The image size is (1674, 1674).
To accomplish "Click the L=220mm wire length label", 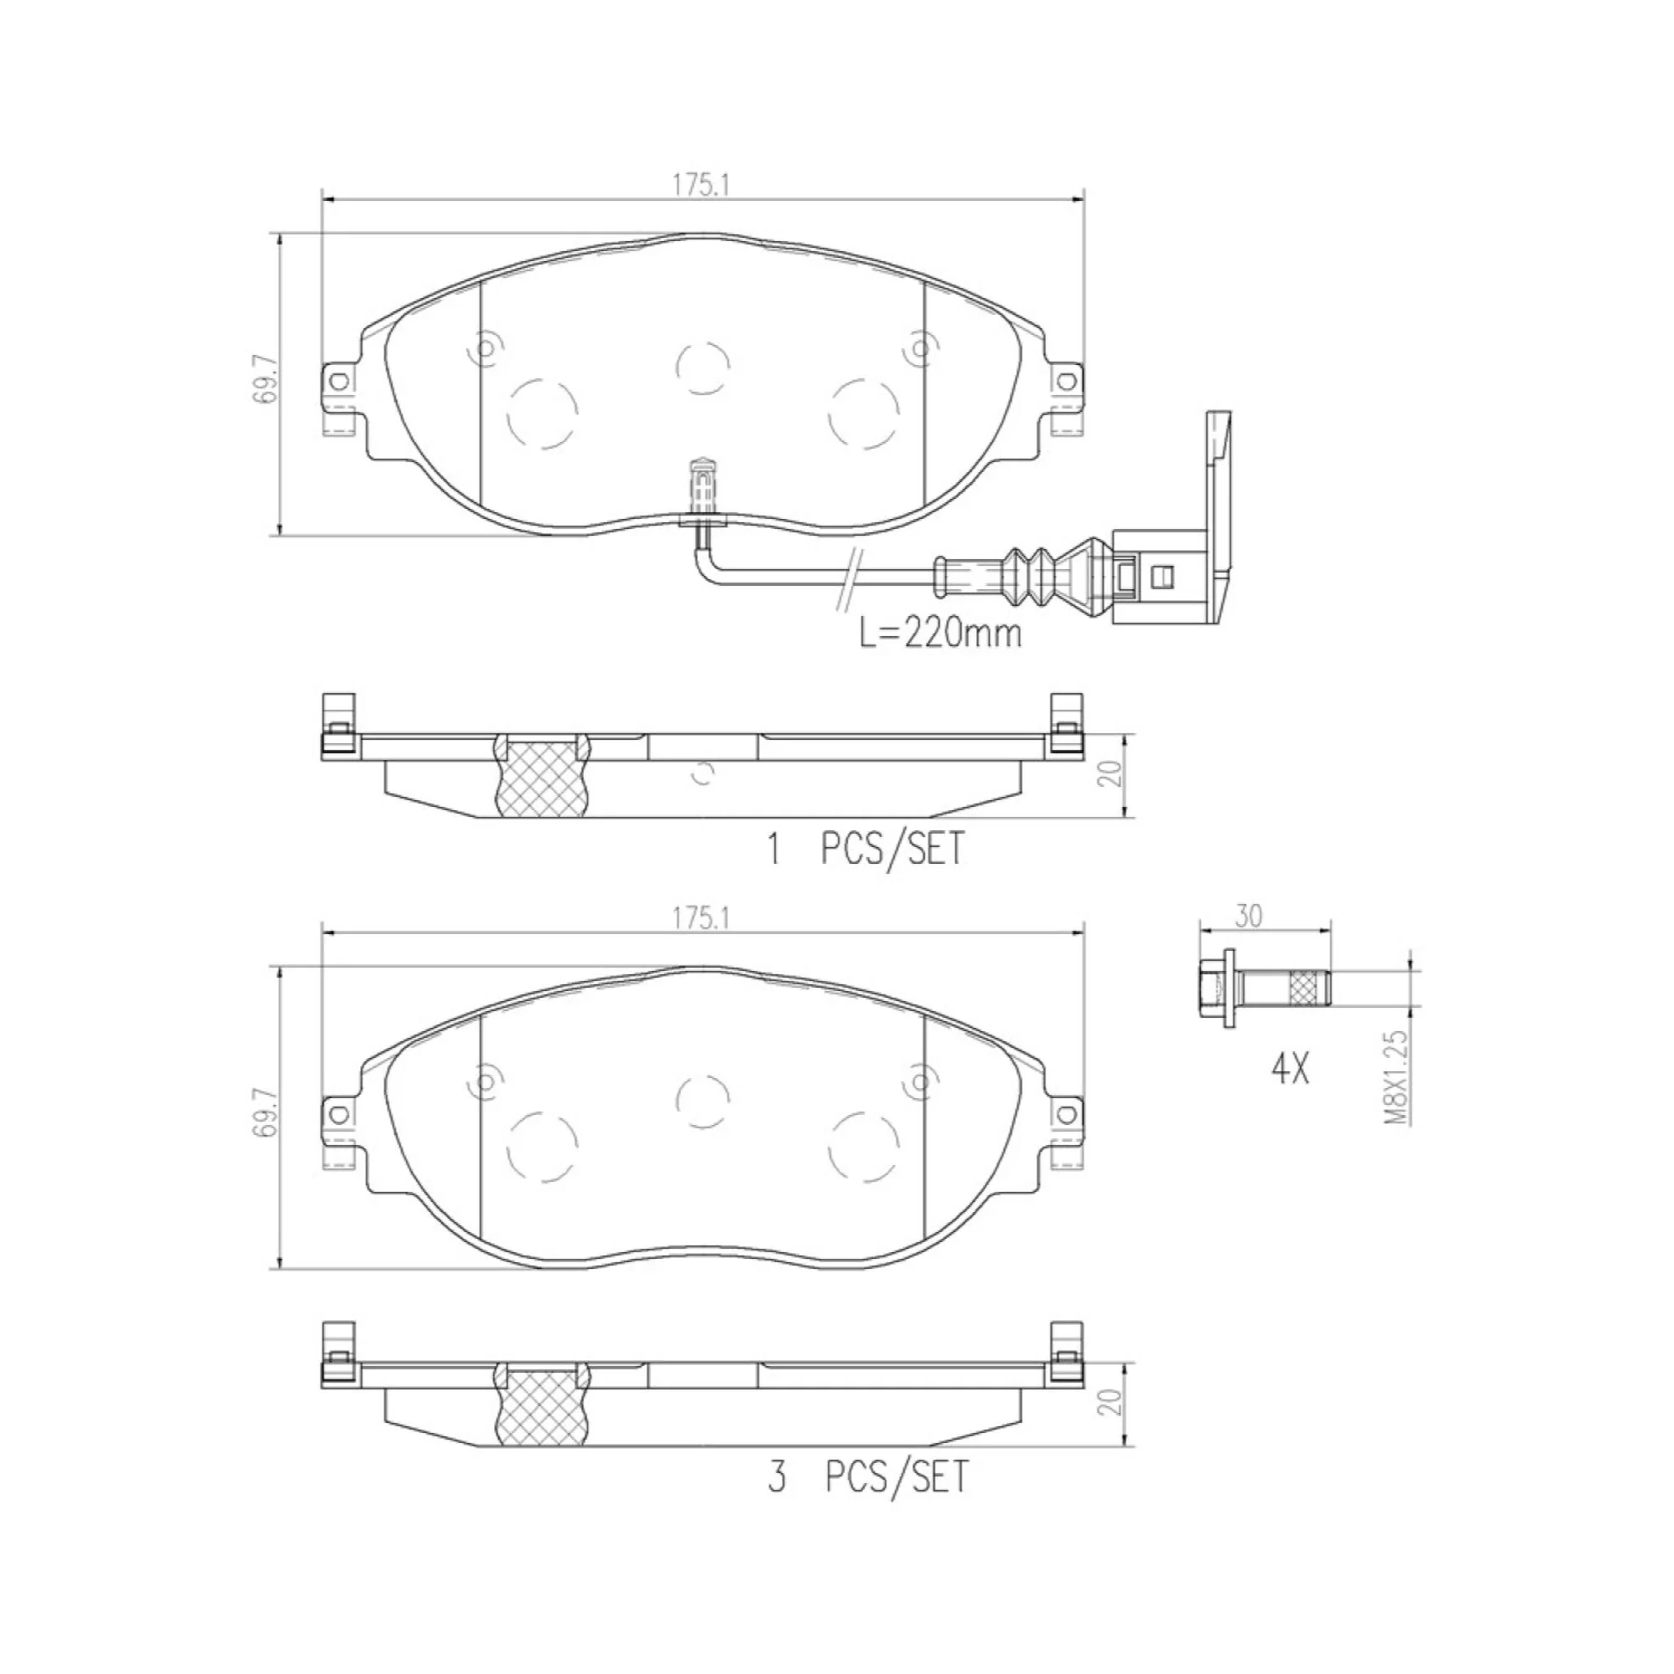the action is click(x=939, y=634).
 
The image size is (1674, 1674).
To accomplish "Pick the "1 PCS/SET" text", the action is click(x=865, y=849).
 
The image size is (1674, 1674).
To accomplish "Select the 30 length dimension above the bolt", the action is click(x=1249, y=917).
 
